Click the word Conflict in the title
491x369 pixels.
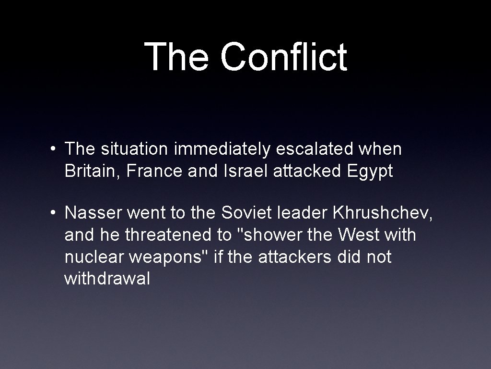pyautogui.click(x=283, y=57)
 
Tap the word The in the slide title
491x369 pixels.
pyautogui.click(x=176, y=57)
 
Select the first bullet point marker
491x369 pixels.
pyautogui.click(x=56, y=149)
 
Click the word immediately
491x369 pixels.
pyautogui.click(x=222, y=149)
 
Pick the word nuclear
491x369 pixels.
pyautogui.click(x=94, y=257)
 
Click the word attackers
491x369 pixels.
pyautogui.click(x=294, y=257)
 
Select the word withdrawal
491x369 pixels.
pyautogui.click(x=107, y=279)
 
